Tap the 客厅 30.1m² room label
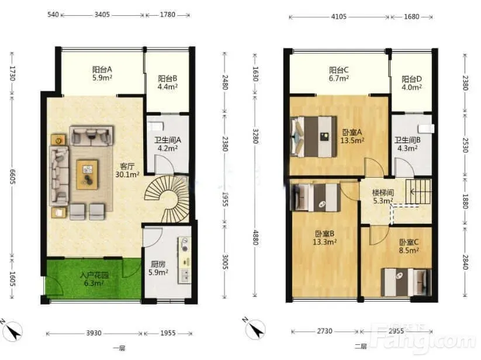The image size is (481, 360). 127,171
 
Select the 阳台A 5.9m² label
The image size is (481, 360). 102,73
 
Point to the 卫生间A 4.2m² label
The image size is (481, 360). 168,144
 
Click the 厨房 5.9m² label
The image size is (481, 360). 158,268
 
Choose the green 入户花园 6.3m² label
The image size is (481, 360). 94,279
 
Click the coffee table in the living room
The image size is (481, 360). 88,175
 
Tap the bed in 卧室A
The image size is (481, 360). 313,136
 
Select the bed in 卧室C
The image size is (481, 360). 406,282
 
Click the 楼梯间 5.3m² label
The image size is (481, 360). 383,197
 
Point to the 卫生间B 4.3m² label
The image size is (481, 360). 407,144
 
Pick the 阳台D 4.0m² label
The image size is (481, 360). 411,83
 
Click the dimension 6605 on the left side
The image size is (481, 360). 13,176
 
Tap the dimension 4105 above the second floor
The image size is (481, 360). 338,16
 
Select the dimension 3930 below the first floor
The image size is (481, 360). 94,333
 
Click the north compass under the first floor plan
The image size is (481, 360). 12,331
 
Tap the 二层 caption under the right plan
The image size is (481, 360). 361,347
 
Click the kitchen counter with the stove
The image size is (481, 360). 184,261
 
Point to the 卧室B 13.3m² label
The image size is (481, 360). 324,238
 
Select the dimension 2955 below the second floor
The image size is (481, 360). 396,331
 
